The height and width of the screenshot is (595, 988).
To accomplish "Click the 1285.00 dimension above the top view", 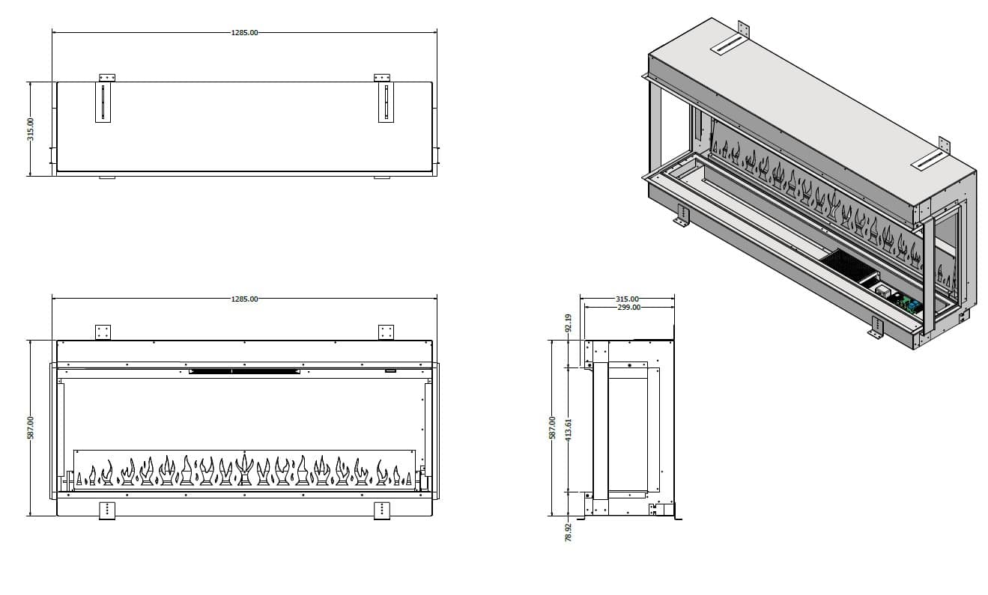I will coord(245,33).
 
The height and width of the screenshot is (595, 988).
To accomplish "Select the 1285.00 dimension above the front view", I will coord(245,299).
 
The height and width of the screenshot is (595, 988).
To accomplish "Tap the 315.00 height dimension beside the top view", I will coord(31,129).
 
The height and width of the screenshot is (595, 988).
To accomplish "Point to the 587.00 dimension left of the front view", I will coord(31,428).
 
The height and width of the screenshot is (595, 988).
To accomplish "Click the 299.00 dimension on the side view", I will coord(628,307).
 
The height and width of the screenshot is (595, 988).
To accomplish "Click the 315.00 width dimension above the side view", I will coord(627,299).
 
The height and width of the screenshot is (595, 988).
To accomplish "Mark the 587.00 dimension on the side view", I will coord(553,428).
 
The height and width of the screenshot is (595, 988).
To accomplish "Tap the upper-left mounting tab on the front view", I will coord(103,332).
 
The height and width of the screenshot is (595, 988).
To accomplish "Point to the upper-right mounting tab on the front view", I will coord(386,332).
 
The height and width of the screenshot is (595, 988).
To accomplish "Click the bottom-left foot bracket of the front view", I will coord(107,510).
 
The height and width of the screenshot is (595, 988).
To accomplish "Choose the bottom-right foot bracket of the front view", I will coord(382,510).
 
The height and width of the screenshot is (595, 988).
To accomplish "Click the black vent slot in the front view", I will coord(244,370).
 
